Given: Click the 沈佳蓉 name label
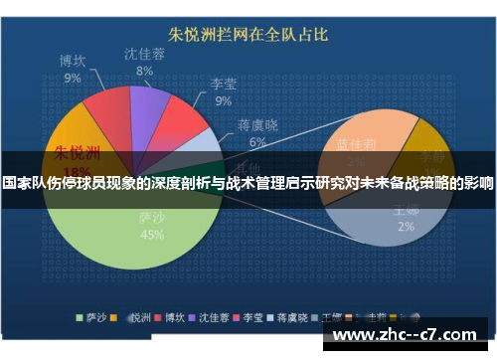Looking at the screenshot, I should pos(145,55).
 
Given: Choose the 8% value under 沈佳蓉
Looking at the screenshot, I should pos(145,72).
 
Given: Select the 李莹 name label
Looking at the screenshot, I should pos(223,84).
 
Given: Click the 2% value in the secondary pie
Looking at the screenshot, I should pos(406,227).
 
